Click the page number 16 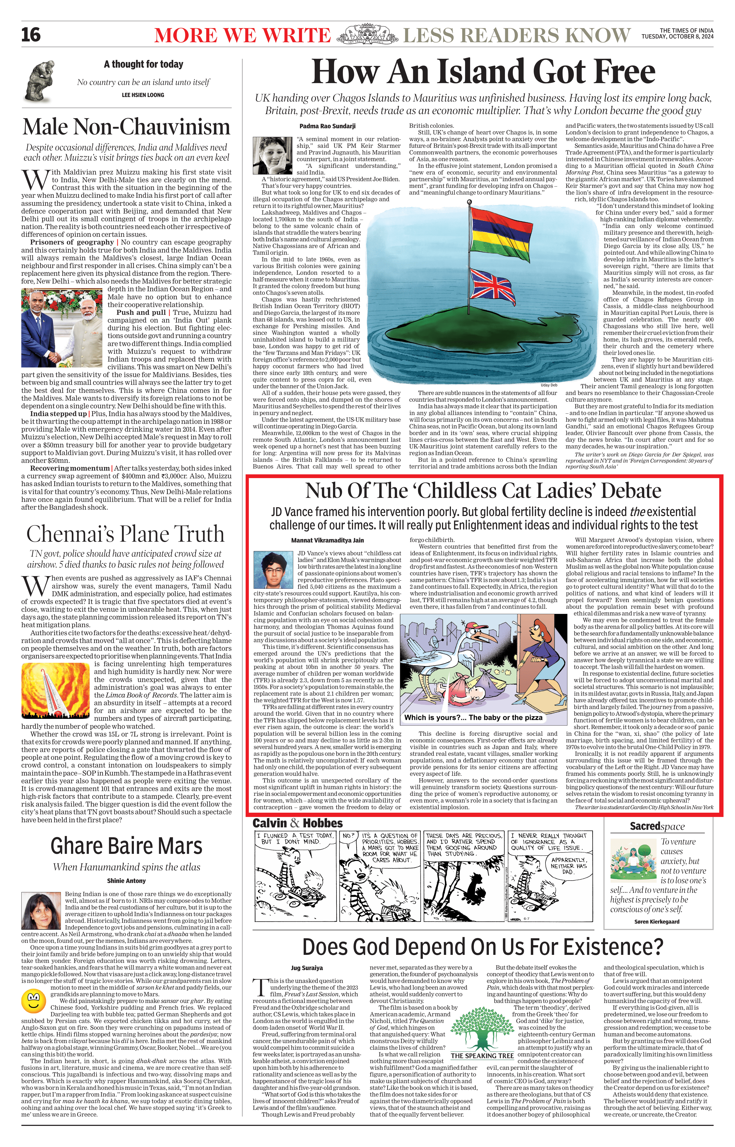pos(31,35)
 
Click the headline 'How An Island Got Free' pos(483,72)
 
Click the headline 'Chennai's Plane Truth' pos(125,533)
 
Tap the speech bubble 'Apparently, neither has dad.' pos(569,865)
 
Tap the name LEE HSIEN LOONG pos(143,95)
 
